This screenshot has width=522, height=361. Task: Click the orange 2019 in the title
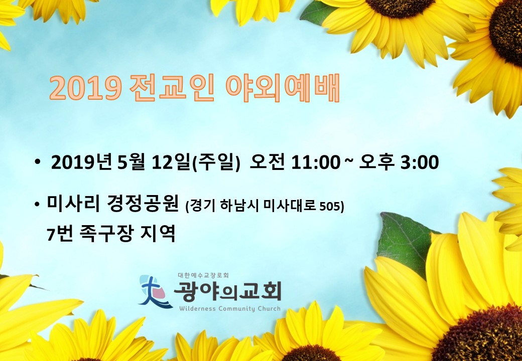point(85,88)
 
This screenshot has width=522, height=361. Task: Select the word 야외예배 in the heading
point(283,88)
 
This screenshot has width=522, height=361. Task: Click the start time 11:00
point(316,163)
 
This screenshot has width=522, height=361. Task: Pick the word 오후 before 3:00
point(376,162)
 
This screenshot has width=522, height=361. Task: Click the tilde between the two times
point(349,160)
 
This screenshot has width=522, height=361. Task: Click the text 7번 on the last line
point(60,234)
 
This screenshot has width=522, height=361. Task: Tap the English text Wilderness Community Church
point(230,309)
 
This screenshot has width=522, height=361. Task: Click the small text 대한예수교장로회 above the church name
point(203,275)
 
